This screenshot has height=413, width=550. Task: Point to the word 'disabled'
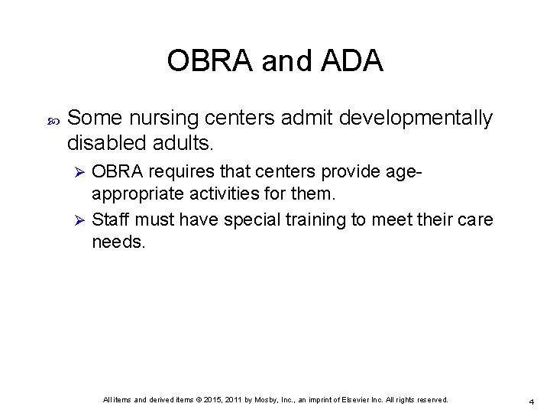tap(104, 142)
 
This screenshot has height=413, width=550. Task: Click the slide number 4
tap(531, 401)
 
